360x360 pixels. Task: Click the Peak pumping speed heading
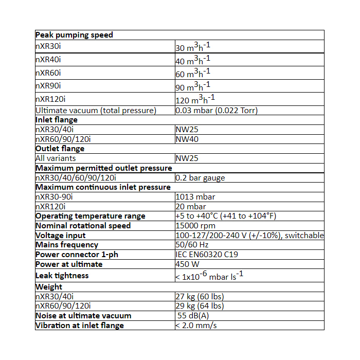pyautogui.click(x=74, y=35)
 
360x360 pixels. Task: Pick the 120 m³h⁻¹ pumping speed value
pyautogui.click(x=195, y=99)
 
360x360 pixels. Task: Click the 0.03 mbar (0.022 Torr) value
pyautogui.click(x=217, y=110)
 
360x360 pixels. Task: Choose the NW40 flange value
pyautogui.click(x=187, y=139)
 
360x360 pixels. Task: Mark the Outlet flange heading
pyautogui.click(x=60, y=149)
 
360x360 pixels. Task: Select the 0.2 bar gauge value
pyautogui.click(x=200, y=178)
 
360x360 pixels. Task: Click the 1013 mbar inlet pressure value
pyautogui.click(x=195, y=197)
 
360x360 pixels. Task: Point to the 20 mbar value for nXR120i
pyautogui.click(x=191, y=206)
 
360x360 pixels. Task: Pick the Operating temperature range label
pyautogui.click(x=91, y=216)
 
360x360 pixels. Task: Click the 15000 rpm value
pyautogui.click(x=195, y=226)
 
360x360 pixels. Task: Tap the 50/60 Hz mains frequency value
pyautogui.click(x=191, y=245)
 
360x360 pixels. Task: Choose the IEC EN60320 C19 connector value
pyautogui.click(x=207, y=255)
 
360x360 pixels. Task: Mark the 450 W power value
pyautogui.click(x=188, y=264)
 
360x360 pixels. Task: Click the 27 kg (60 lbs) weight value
pyautogui.click(x=200, y=297)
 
